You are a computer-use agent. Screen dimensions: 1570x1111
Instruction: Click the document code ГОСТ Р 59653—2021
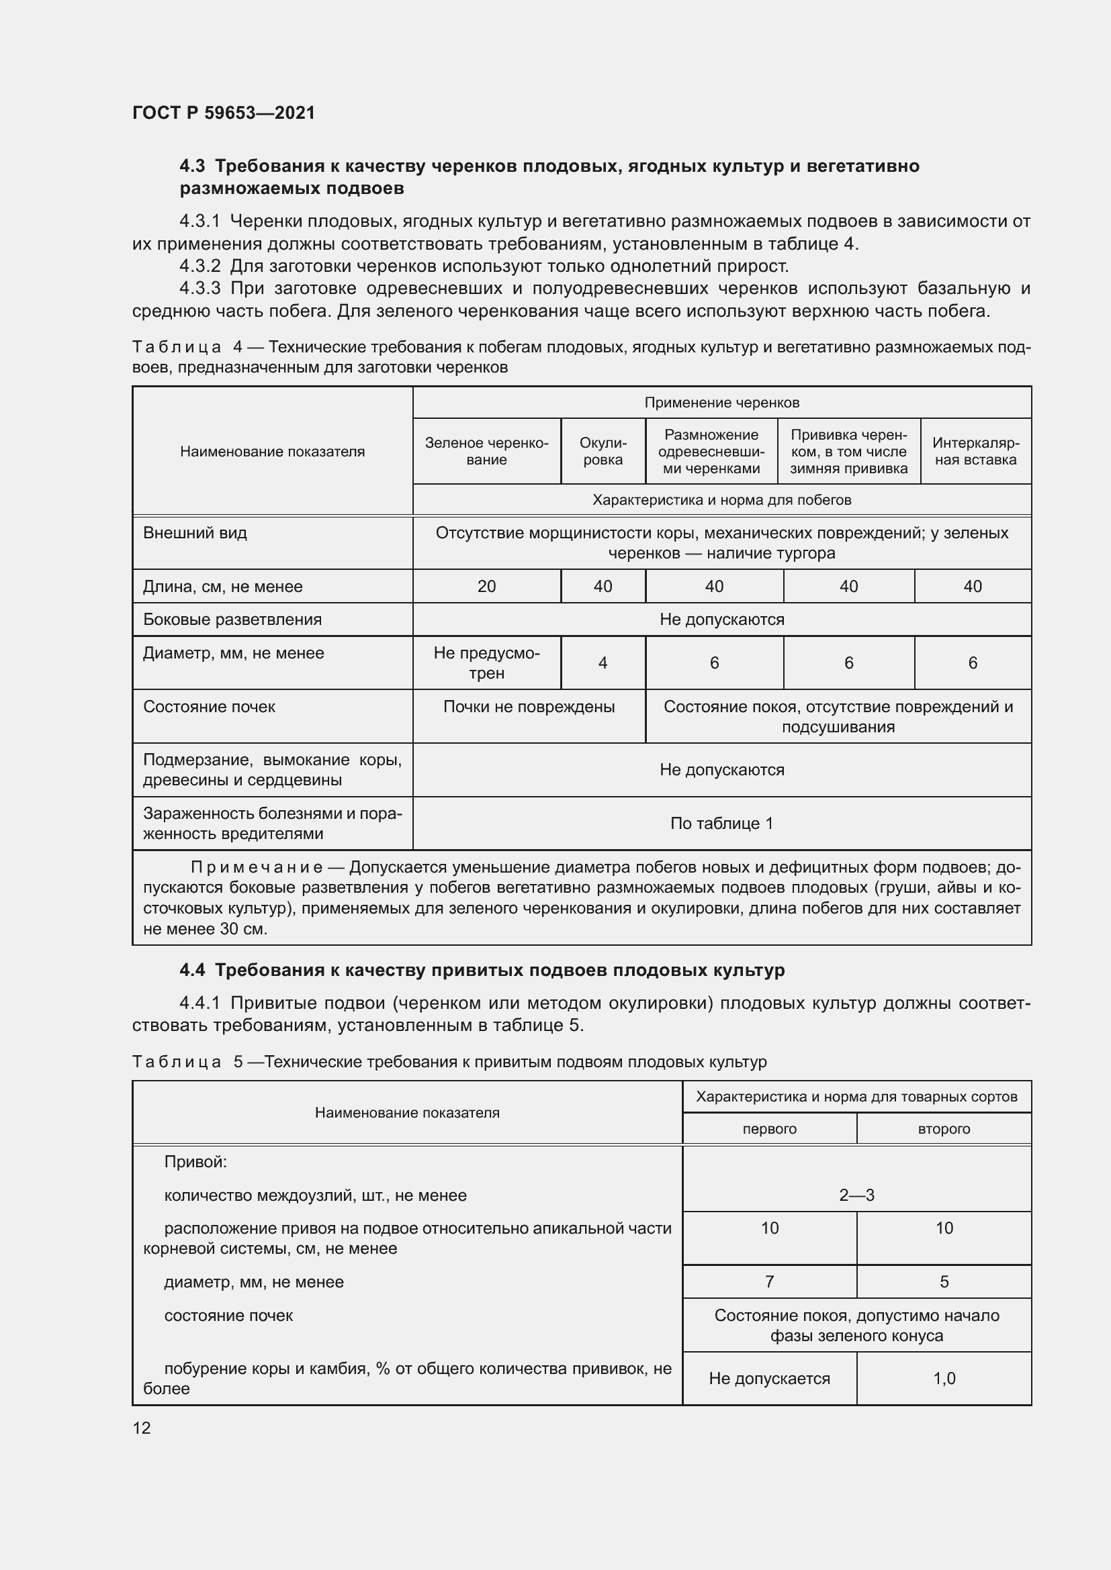tap(223, 113)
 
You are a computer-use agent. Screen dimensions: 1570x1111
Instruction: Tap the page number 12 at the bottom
tap(142, 1428)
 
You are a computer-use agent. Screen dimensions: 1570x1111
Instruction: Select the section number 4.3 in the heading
tap(192, 166)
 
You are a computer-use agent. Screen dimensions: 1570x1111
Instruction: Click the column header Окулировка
tap(603, 451)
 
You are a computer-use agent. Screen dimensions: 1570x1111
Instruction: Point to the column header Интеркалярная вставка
tap(975, 451)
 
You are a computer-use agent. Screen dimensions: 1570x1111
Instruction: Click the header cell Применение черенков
tap(721, 403)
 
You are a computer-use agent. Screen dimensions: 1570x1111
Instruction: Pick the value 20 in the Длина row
tap(486, 586)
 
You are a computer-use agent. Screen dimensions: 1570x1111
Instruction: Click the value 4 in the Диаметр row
tap(603, 663)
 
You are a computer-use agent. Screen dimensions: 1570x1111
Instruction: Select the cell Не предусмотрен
tap(486, 663)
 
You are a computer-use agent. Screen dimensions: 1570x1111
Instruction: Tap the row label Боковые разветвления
tap(232, 620)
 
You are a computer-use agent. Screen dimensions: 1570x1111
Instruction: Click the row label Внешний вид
tap(195, 533)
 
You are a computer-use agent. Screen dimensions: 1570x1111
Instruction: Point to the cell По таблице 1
tap(721, 824)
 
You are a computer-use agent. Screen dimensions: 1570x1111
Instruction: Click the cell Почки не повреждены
tap(529, 707)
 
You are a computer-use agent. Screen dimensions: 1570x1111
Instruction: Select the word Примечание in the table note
tap(257, 868)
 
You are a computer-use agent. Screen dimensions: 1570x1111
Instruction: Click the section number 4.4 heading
tap(192, 971)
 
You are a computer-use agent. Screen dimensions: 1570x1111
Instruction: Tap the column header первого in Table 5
tap(770, 1129)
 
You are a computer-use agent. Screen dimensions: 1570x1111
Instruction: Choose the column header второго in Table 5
tap(943, 1129)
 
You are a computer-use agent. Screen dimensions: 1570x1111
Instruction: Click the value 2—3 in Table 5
tap(856, 1195)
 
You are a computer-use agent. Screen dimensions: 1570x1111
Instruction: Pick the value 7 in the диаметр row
tap(770, 1281)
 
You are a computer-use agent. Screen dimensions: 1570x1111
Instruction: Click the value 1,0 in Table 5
tap(943, 1379)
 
